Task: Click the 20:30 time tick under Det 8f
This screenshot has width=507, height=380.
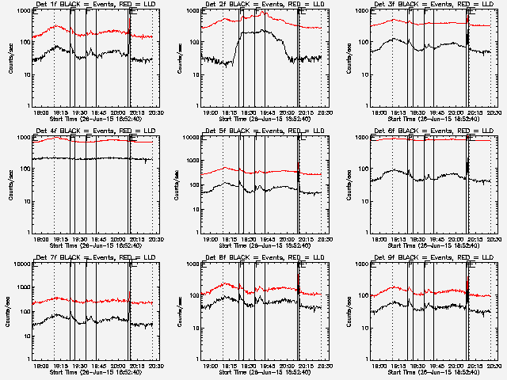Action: tap(323, 367)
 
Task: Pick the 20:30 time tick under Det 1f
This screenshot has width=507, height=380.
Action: tap(154, 113)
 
